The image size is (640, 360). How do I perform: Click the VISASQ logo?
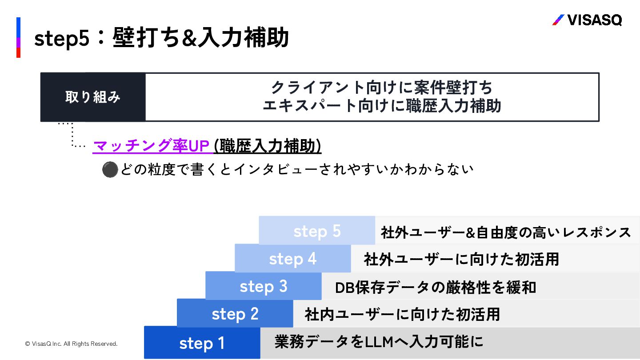tap(587, 20)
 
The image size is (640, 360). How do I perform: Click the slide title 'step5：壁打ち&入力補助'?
tap(162, 38)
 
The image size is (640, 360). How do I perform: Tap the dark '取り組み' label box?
tap(93, 97)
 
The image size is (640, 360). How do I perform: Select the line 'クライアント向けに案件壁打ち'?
tap(381, 88)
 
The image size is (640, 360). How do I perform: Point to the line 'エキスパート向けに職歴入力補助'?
tap(381, 106)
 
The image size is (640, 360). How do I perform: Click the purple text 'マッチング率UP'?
tap(151, 146)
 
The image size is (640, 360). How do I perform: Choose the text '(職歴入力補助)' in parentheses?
tap(268, 146)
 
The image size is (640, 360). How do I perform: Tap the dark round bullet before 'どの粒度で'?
tap(110, 169)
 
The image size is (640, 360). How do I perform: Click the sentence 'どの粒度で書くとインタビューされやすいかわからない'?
tap(296, 169)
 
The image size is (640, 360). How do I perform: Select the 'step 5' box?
tap(317, 231)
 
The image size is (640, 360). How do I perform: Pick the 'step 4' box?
tap(292, 259)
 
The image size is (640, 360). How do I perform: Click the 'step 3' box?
tap(263, 287)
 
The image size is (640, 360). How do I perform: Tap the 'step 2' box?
tap(235, 314)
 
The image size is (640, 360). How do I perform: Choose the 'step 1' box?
tap(202, 343)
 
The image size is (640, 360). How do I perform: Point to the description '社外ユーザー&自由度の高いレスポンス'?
tap(506, 232)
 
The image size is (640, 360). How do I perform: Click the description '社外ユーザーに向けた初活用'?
tap(461, 259)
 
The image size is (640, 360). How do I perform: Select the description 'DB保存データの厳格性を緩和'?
tap(436, 288)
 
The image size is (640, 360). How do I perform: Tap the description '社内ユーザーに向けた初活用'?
tap(402, 315)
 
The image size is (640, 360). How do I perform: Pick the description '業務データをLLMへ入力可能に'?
tap(379, 342)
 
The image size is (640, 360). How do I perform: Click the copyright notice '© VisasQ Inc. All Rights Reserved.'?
tap(71, 344)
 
